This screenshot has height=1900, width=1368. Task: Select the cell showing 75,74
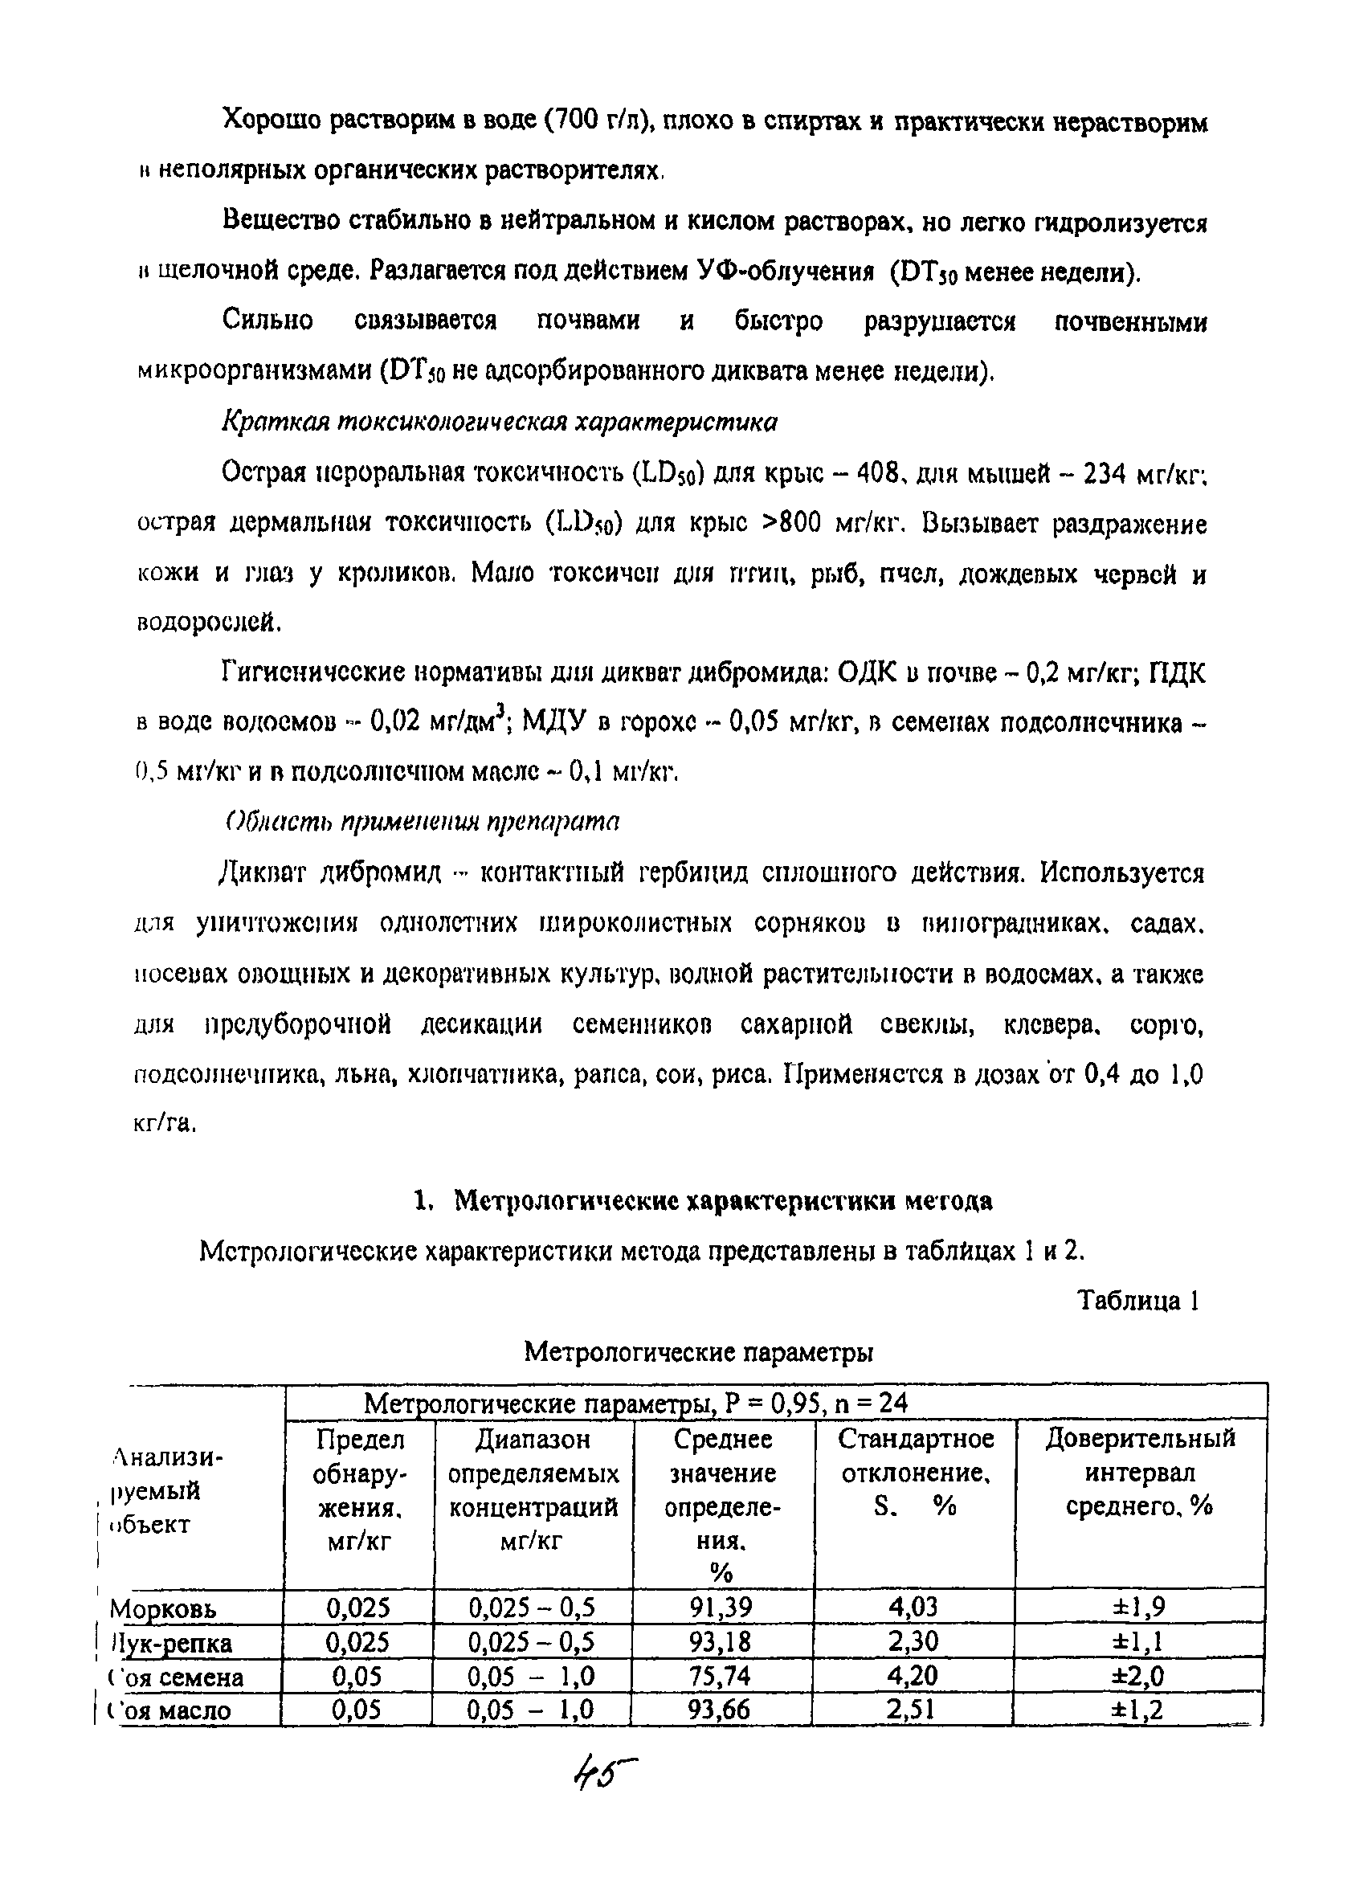point(721,1676)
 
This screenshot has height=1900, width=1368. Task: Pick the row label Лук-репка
point(172,1643)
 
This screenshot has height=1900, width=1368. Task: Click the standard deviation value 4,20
point(913,1676)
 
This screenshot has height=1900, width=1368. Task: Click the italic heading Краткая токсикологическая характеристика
point(500,422)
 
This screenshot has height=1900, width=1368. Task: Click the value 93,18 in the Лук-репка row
point(721,1641)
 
